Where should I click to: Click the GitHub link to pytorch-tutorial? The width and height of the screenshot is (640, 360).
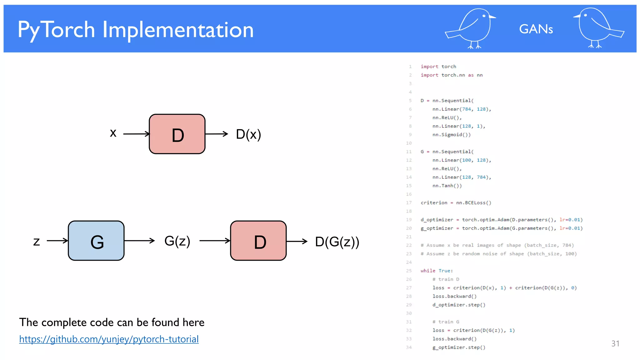tap(109, 339)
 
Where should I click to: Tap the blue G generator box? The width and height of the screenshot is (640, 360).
tap(96, 241)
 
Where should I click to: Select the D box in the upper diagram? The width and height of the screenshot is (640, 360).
tap(177, 134)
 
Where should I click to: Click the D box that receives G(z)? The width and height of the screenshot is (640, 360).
tap(258, 241)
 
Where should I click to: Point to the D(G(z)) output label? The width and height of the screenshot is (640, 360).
tap(337, 242)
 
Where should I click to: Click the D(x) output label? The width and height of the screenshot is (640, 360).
tap(248, 134)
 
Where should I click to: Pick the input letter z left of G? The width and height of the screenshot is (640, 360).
tap(37, 241)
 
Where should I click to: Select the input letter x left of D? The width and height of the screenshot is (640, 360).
tap(113, 133)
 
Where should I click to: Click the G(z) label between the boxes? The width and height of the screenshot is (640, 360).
tap(177, 241)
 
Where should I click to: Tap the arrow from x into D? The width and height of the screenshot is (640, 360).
tap(137, 134)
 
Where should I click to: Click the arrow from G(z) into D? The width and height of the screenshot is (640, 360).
tap(215, 241)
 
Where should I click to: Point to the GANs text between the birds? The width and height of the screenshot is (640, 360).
tap(536, 29)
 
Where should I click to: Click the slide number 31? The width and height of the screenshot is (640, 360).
tap(615, 343)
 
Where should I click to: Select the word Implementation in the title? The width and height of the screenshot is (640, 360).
tap(178, 30)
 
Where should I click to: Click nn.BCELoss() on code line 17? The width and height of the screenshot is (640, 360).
tap(473, 203)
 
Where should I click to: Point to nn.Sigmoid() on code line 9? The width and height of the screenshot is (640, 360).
tap(451, 135)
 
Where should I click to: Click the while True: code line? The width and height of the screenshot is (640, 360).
tap(437, 271)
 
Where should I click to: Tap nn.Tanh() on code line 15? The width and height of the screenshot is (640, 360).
tap(447, 186)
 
